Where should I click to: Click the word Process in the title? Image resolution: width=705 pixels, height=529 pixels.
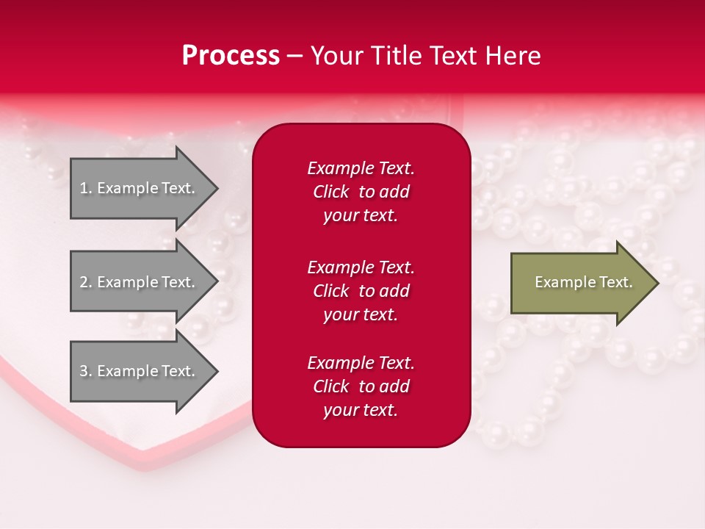tap(231, 56)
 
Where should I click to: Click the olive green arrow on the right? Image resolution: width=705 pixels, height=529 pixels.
tap(580, 283)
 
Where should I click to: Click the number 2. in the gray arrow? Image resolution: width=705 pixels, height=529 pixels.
tap(86, 282)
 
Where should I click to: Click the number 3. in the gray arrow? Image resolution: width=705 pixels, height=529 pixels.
tap(86, 371)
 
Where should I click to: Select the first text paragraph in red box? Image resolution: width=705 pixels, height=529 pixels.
tap(361, 192)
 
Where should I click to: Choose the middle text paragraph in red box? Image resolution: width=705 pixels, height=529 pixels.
tap(361, 291)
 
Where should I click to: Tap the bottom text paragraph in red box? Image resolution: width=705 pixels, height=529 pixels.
tap(361, 386)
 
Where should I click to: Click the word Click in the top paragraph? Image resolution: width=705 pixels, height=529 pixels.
tap(331, 192)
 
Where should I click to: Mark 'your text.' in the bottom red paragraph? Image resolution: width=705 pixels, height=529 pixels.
tap(361, 410)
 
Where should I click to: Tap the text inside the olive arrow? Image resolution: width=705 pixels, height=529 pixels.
tap(583, 282)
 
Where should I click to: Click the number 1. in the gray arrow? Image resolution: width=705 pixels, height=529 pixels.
tap(86, 188)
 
